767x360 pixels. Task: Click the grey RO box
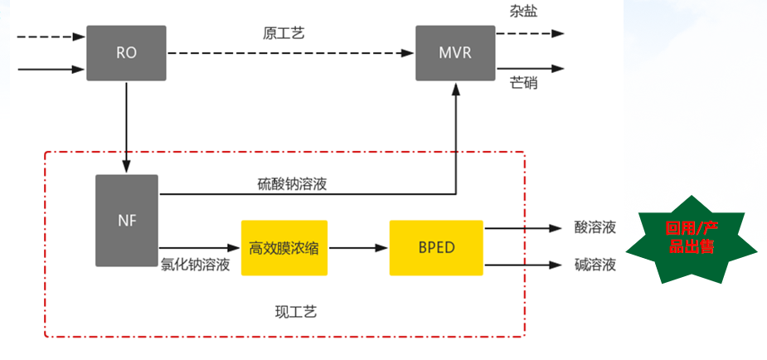pyautogui.click(x=126, y=53)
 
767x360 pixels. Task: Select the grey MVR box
pyautogui.click(x=455, y=53)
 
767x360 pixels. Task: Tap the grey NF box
pyautogui.click(x=126, y=221)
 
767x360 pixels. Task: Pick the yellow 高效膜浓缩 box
pyautogui.click(x=284, y=247)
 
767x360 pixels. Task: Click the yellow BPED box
pyautogui.click(x=436, y=247)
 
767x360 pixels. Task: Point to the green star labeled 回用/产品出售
pyautogui.click(x=690, y=238)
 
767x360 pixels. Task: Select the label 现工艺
pyautogui.click(x=295, y=312)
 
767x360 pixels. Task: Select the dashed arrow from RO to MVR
pyautogui.click(x=290, y=53)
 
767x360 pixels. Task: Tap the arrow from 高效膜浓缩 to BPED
pyautogui.click(x=358, y=247)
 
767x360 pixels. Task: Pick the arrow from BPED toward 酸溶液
pyautogui.click(x=522, y=227)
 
